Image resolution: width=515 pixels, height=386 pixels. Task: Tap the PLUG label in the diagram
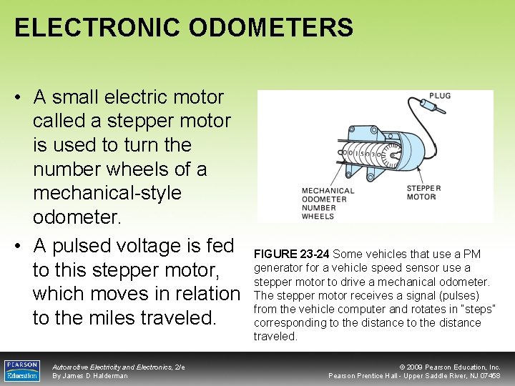[440, 95]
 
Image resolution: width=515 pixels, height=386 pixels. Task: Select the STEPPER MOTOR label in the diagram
[423, 192]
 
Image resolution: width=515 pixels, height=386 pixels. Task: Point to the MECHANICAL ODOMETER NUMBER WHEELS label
[328, 203]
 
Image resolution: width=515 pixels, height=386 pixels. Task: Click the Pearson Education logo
[22, 371]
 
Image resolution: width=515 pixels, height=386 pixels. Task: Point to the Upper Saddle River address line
[414, 376]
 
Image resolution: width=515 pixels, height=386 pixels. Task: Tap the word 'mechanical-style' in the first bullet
[107, 193]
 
